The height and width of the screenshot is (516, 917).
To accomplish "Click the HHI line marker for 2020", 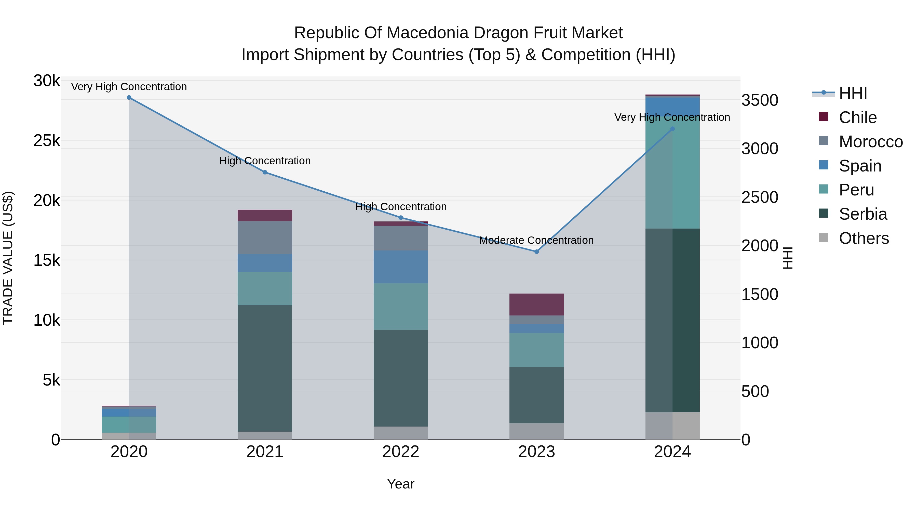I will (129, 98).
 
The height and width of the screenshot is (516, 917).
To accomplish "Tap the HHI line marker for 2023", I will (536, 252).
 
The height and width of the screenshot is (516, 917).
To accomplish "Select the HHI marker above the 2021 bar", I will (265, 172).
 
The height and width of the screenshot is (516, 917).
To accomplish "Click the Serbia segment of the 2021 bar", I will (265, 368).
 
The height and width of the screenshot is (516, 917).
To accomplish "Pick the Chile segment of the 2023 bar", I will (536, 305).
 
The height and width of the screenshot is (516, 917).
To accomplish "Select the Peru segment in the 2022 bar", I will (400, 307).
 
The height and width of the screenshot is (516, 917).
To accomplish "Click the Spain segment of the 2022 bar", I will (400, 267).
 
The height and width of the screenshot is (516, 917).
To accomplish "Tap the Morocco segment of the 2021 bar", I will (265, 237).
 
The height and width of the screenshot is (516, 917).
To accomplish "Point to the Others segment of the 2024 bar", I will (672, 426).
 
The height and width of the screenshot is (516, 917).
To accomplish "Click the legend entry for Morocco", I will (870, 142).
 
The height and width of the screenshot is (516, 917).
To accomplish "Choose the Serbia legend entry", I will (862, 214).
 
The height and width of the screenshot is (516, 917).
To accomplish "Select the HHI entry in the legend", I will (852, 93).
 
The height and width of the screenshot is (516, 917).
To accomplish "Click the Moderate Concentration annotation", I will (536, 240).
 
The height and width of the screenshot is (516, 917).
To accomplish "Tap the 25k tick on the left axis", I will (47, 141).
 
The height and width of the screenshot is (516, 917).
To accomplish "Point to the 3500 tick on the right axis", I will (760, 100).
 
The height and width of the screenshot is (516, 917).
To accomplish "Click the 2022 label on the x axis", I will (400, 452).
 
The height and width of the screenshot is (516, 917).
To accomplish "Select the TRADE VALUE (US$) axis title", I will (8, 258).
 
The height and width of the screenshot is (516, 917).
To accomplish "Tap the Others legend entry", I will (863, 238).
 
